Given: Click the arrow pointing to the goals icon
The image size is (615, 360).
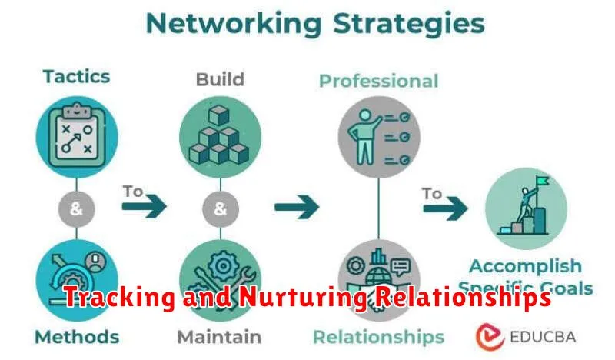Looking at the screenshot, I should pyautogui.click(x=446, y=207).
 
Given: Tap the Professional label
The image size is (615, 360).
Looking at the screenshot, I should pyautogui.click(x=378, y=81).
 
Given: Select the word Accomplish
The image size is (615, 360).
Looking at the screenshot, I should pyautogui.click(x=525, y=265).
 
